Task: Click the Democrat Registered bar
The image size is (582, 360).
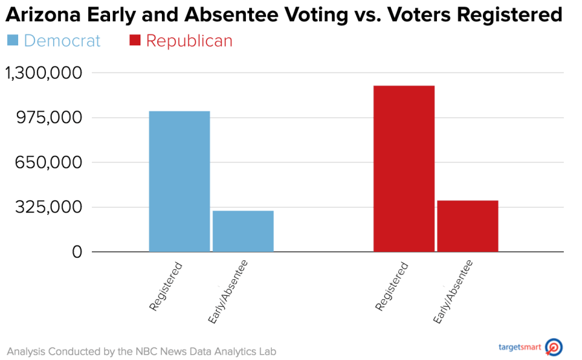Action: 179,181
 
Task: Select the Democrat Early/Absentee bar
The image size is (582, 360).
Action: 243,231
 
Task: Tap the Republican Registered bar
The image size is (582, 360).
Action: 404,168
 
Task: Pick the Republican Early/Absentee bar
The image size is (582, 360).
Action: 467,226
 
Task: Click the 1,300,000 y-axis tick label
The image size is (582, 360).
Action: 44,73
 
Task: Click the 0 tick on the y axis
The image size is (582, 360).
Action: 77,252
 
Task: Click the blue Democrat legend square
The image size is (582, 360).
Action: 12,41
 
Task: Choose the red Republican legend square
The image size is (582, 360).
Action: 135,41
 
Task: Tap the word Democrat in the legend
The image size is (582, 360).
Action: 62,41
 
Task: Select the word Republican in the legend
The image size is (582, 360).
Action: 189,41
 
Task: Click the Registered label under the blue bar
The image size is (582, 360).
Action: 165,286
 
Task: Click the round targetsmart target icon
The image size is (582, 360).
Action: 554,347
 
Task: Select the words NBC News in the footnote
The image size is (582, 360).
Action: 174,352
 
